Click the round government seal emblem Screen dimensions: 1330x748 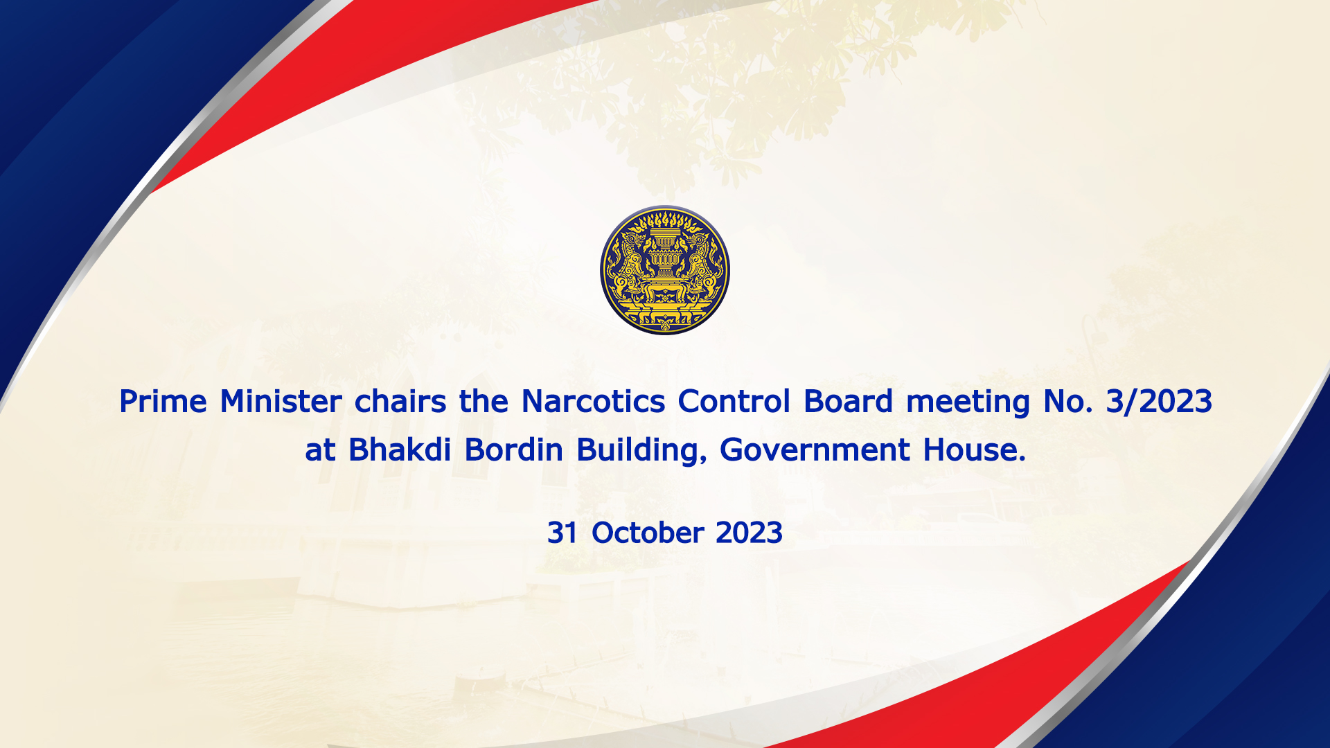coord(665,270)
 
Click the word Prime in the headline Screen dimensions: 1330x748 coord(163,402)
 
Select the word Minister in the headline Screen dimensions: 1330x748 coord(281,402)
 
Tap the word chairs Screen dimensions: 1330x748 coord(400,402)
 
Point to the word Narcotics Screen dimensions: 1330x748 coord(593,402)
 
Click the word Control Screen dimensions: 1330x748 coord(734,402)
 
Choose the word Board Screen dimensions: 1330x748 coord(848,402)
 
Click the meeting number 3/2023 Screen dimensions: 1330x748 coord(1159,402)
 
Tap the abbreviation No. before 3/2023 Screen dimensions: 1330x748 coord(1068,402)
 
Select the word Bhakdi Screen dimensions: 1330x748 coord(400,450)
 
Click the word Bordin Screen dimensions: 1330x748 coord(513,450)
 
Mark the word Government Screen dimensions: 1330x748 coord(815,450)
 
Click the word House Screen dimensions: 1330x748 coord(974,450)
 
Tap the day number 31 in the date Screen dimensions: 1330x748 coord(562,533)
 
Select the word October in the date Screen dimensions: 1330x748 coord(648,533)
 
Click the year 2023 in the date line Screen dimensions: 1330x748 coord(749,533)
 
